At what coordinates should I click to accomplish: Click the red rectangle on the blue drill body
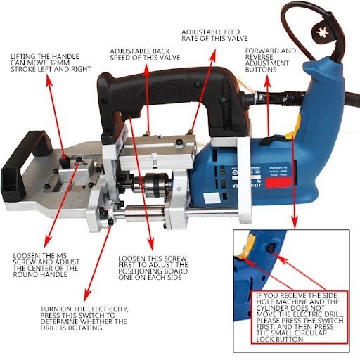[278, 183]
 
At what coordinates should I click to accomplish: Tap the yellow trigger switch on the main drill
[295, 127]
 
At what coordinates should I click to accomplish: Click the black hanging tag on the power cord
[323, 32]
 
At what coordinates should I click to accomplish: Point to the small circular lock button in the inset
[272, 248]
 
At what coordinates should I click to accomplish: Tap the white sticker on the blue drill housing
[212, 198]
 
